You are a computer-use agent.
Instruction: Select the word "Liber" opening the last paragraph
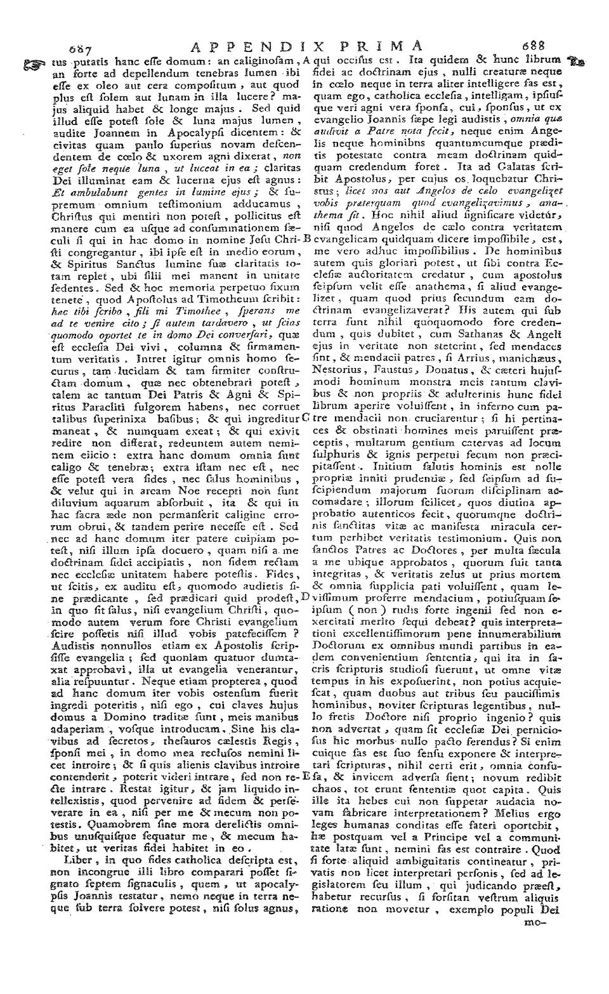pos(77,860)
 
